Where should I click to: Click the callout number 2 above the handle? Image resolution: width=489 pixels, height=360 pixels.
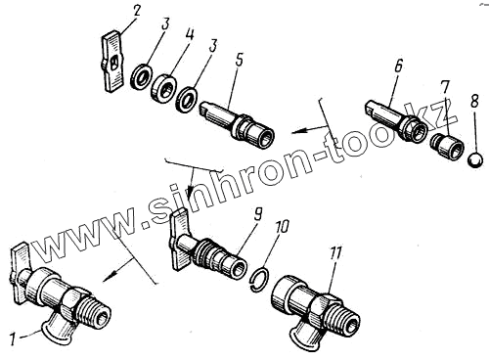coord(136,12)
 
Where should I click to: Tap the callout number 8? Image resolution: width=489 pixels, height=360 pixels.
coord(474,100)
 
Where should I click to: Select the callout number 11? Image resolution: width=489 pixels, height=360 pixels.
coord(336,253)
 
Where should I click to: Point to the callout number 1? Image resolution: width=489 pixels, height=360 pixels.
coord(12,340)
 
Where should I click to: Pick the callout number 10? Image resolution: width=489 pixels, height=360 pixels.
coord(282,227)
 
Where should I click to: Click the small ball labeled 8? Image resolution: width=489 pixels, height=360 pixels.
coord(474,160)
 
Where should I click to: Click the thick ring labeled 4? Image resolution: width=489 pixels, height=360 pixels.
coord(163,87)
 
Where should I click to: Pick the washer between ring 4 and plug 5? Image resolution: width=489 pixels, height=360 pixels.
coord(187,99)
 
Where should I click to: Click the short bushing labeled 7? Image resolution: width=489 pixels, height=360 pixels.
coord(447,146)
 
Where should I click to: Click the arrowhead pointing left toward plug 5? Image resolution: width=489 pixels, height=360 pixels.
coord(298,131)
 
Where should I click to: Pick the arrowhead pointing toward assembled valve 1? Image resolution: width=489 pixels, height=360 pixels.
coord(111,275)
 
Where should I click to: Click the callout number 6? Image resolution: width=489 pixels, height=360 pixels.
coord(398,66)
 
